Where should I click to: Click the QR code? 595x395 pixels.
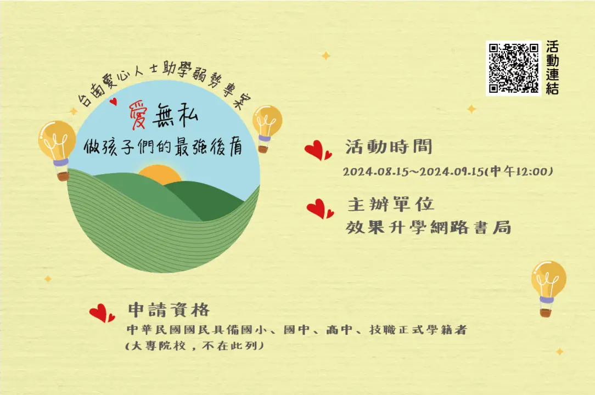tap(513, 68)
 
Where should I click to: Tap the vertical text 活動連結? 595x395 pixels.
tap(552, 68)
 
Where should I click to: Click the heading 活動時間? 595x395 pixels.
tap(389, 147)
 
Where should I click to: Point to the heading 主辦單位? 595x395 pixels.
tap(391, 205)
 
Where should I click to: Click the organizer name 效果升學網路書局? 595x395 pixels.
tap(429, 228)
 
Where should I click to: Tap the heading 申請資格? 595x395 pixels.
tap(169, 310)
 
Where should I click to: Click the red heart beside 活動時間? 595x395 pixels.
tap(318, 150)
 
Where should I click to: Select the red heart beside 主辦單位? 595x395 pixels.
tap(320, 208)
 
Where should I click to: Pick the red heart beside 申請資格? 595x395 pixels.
tap(102, 313)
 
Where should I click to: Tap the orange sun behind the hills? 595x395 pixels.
tap(160, 174)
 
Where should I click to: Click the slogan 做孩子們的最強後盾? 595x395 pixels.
tap(163, 147)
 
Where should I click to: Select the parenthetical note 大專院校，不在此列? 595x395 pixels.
tap(194, 346)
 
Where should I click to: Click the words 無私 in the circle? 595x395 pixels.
tap(175, 115)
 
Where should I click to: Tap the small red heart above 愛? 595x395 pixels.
tap(113, 101)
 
